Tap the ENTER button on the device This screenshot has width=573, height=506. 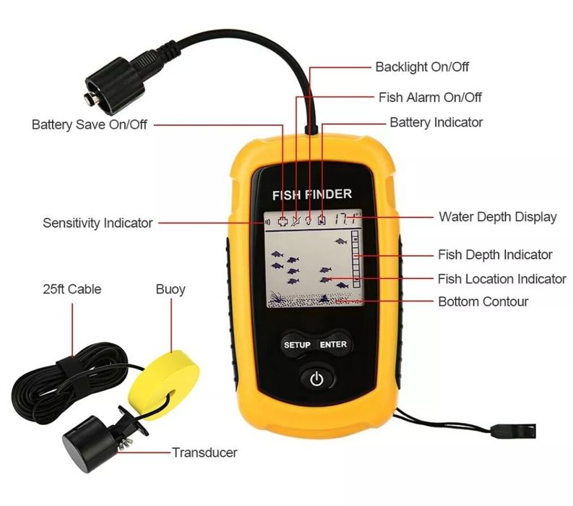tap(333, 345)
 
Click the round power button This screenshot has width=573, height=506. tap(315, 377)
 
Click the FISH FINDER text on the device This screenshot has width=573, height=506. tap(311, 194)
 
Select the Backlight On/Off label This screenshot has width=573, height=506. tap(422, 67)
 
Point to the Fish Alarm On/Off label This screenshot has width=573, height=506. tap(430, 97)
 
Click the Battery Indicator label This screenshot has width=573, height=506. tap(436, 122)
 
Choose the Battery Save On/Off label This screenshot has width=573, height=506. tap(90, 124)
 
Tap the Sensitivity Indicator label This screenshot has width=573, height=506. tap(98, 223)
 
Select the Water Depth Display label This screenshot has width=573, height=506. tap(498, 217)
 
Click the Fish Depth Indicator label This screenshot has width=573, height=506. tap(495, 254)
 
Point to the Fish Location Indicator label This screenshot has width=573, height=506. tap(501, 279)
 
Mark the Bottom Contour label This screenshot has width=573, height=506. tap(483, 301)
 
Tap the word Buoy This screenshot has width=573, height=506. tap(171, 289)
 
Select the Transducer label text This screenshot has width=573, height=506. tap(204, 453)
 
